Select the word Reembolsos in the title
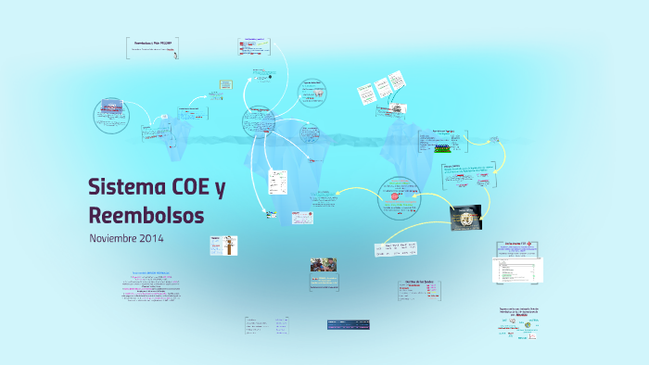click(x=146, y=216)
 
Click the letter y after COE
click(x=220, y=189)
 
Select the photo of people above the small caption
click(x=324, y=265)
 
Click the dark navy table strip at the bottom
click(x=349, y=323)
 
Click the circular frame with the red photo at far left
click(x=113, y=116)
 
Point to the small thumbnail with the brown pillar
click(x=227, y=245)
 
